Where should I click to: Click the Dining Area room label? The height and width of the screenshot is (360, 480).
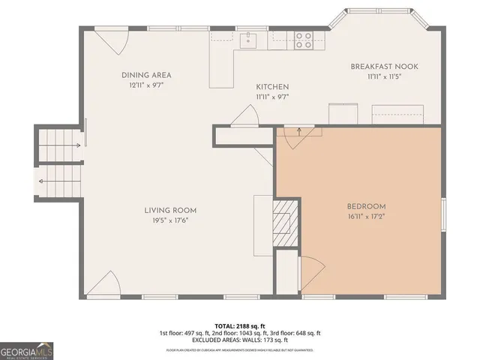(x=147, y=75)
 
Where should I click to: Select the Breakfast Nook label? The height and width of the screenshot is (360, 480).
(x=384, y=67)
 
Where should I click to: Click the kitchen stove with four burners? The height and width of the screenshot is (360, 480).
(x=303, y=40)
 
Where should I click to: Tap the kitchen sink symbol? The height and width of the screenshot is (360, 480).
(x=249, y=40)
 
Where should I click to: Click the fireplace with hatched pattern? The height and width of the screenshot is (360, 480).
(x=285, y=222)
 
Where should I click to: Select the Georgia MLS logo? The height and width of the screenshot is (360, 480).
(x=26, y=350)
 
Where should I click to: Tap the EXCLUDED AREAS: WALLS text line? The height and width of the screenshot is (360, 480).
(x=239, y=340)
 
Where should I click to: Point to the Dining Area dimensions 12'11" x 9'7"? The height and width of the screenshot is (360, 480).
(x=147, y=85)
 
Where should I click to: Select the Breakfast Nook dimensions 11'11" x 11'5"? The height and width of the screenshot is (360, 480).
(x=384, y=77)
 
